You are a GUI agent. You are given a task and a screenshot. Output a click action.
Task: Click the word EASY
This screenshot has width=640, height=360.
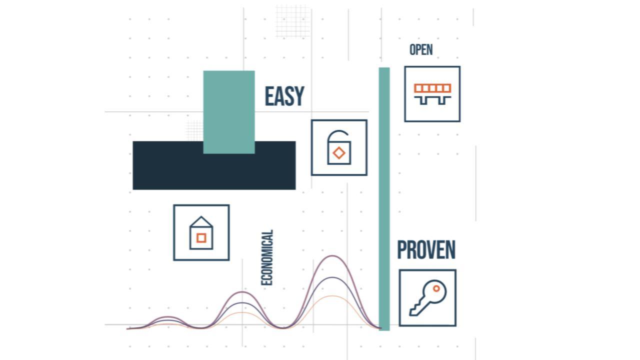pyautogui.click(x=284, y=96)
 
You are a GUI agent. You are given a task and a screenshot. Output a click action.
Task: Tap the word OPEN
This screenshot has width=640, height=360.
pyautogui.click(x=421, y=49)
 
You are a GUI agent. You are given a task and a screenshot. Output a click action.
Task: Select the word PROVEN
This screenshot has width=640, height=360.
pyautogui.click(x=426, y=249)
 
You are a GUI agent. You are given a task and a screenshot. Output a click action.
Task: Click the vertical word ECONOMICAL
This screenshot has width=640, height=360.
pyautogui.click(x=267, y=257)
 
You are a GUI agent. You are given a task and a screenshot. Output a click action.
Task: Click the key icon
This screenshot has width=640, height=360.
pyautogui.click(x=427, y=297)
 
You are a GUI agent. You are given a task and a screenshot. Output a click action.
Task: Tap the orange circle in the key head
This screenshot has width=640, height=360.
pyautogui.click(x=436, y=288)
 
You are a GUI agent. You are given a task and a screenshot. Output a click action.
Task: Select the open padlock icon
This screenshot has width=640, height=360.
pyautogui.click(x=339, y=147)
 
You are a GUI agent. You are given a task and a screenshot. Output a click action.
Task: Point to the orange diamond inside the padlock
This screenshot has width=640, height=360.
pyautogui.click(x=339, y=153)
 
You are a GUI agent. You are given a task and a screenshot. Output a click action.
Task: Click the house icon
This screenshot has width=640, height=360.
pyautogui.click(x=201, y=232)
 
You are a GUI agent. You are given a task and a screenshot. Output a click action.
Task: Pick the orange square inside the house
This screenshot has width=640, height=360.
pyautogui.click(x=201, y=237)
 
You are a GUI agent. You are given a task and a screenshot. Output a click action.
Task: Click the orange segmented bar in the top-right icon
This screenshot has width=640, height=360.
pyautogui.click(x=432, y=88)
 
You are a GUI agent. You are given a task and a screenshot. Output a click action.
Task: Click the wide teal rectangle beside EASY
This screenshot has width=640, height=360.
pyautogui.click(x=229, y=112)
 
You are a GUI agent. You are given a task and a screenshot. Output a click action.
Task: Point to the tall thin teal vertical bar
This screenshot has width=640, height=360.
pyautogui.click(x=384, y=199)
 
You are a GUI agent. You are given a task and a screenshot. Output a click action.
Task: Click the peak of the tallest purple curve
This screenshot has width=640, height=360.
pyautogui.click(x=332, y=256)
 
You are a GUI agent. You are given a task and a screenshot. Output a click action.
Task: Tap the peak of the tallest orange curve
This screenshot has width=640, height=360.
pyautogui.click(x=332, y=296)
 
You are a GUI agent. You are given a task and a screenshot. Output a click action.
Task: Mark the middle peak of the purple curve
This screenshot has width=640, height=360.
pyautogui.click(x=242, y=292)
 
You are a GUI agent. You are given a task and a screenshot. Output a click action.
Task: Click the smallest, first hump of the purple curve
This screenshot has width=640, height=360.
pyautogui.click(x=168, y=317)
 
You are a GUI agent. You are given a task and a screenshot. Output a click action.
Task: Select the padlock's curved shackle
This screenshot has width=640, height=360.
pyautogui.click(x=337, y=131)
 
